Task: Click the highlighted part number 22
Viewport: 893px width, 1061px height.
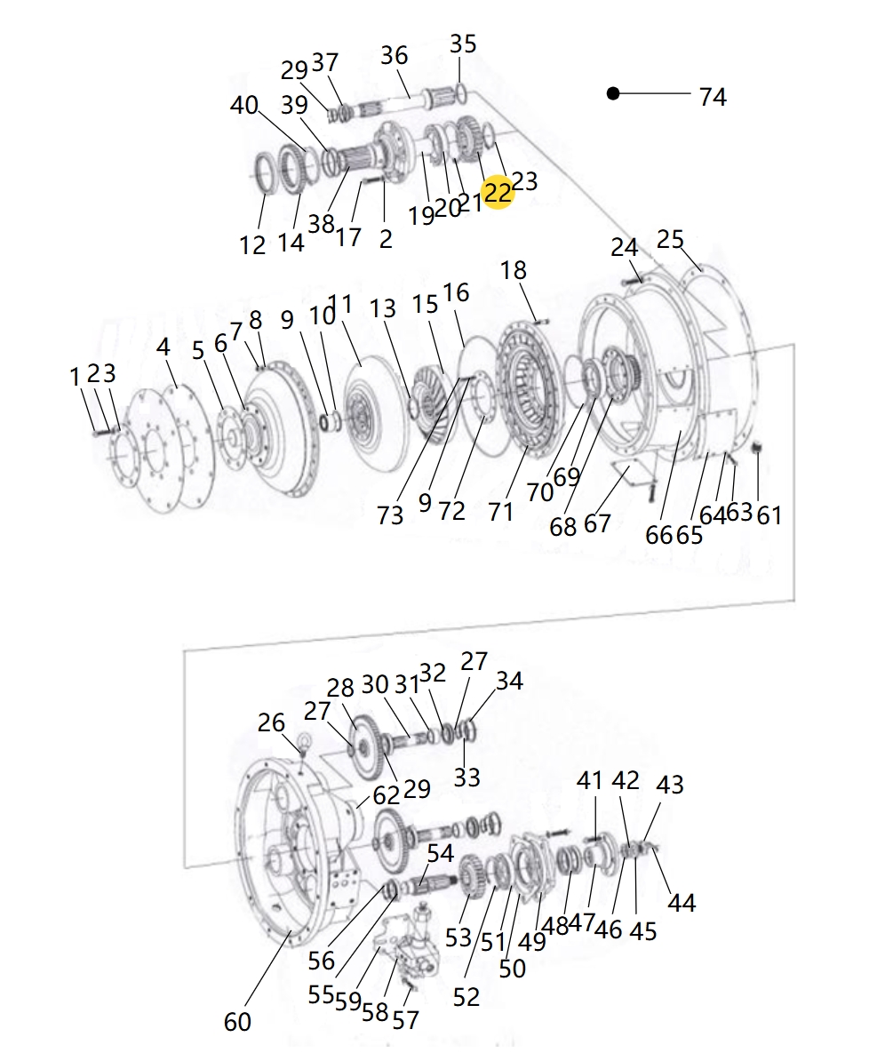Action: point(498,192)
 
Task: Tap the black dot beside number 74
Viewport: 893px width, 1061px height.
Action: point(613,93)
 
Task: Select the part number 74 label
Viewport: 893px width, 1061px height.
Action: point(713,97)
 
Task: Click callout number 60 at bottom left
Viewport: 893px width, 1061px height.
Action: point(237,1022)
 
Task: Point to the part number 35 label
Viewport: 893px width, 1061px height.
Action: point(463,44)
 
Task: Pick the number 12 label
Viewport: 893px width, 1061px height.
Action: point(252,244)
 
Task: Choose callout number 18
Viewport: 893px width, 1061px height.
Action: point(514,270)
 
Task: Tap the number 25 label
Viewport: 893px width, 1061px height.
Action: point(670,239)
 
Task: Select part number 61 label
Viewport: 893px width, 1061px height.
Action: point(769,514)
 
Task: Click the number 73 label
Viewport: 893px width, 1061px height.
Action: point(390,515)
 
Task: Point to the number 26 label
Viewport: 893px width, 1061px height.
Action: point(271,722)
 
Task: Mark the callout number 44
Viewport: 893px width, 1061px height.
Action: point(682,903)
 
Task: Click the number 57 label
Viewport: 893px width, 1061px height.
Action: point(405,1021)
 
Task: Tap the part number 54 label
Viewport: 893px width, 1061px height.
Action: point(440,854)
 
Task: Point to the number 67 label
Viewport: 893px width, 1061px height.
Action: point(597,523)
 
